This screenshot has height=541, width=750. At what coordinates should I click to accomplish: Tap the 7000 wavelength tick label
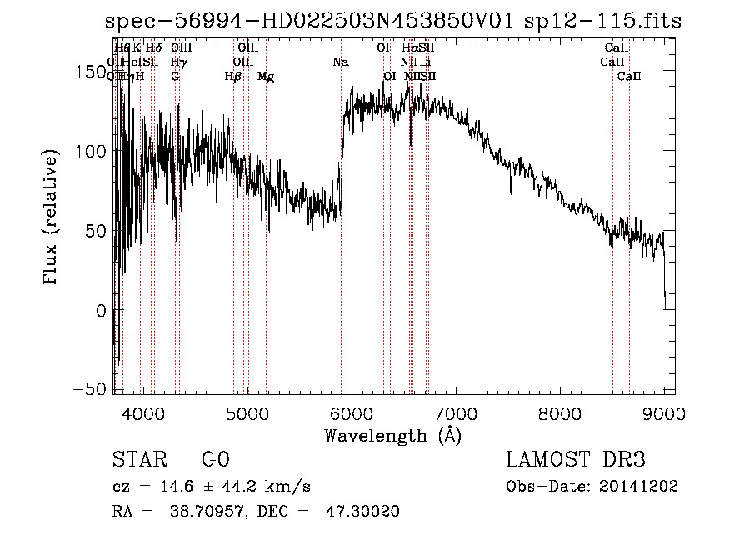[x=455, y=414]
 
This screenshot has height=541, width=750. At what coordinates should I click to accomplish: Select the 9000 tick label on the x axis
[x=663, y=414]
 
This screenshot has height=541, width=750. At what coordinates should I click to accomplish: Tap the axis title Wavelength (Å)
[x=392, y=435]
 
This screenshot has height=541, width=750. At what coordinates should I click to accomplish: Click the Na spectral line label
[x=340, y=63]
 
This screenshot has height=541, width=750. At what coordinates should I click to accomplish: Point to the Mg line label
[x=266, y=77]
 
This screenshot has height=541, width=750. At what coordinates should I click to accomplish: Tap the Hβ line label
[x=233, y=77]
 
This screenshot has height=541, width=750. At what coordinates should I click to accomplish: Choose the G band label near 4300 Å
[x=175, y=77]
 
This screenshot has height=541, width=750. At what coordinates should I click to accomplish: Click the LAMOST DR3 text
[x=575, y=460]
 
